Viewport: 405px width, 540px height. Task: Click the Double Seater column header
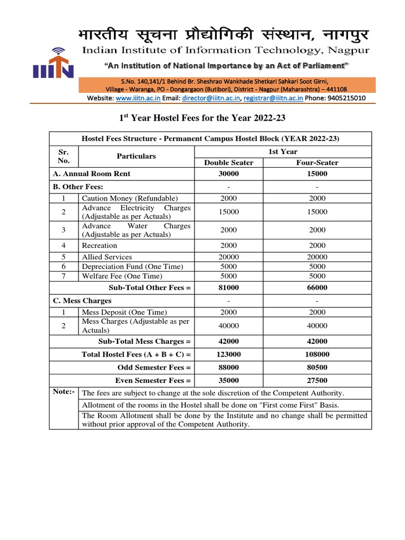pyautogui.click(x=229, y=162)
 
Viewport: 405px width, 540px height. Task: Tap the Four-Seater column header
pyautogui.click(x=317, y=162)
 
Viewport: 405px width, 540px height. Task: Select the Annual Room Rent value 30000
pyautogui.click(x=229, y=173)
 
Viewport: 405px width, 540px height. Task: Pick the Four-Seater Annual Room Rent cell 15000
pyautogui.click(x=317, y=173)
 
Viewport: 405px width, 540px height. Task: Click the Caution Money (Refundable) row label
pyautogui.click(x=130, y=198)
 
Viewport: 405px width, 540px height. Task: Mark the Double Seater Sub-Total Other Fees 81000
pyautogui.click(x=229, y=287)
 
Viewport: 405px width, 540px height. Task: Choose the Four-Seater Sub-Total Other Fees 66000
pyautogui.click(x=317, y=287)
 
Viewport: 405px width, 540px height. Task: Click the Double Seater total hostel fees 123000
pyautogui.click(x=229, y=354)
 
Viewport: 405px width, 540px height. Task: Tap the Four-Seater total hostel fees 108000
pyautogui.click(x=317, y=354)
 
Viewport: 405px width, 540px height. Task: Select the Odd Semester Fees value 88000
pyautogui.click(x=229, y=368)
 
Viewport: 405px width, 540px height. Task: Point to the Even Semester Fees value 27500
pyautogui.click(x=317, y=380)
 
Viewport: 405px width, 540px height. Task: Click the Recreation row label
pyautogui.click(x=100, y=245)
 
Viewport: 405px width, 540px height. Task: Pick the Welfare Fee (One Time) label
pyautogui.click(x=122, y=276)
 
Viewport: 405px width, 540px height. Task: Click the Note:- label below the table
pyautogui.click(x=64, y=392)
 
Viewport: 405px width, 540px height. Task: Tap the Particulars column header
pyautogui.click(x=136, y=156)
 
